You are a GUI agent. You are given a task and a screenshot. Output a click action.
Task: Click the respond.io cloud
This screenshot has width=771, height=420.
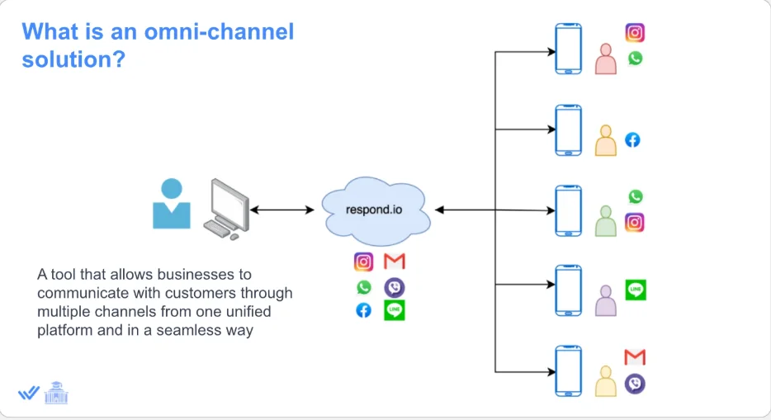374,210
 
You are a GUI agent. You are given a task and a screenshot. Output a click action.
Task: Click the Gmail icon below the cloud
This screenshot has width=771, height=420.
395,262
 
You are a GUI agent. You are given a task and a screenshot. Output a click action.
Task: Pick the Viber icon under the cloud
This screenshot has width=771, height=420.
395,287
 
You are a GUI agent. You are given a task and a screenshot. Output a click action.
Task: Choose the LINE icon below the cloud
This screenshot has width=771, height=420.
395,310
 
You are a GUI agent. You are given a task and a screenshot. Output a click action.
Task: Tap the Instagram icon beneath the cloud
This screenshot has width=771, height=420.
363,262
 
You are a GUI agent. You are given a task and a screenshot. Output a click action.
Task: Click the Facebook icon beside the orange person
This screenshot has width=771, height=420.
632,139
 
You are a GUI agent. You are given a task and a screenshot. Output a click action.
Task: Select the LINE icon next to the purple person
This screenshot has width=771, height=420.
636,290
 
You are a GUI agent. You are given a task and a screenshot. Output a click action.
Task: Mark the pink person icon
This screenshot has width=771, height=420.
606,59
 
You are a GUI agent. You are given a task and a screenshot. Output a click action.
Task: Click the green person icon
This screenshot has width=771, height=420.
606,221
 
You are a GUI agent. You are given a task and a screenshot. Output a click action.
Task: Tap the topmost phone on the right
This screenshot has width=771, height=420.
568,50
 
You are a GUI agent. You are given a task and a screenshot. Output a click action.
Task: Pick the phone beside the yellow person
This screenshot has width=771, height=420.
568,371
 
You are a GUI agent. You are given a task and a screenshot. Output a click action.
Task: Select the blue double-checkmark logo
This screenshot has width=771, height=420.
29,394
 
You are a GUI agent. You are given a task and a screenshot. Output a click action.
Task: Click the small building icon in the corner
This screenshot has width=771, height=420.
56,393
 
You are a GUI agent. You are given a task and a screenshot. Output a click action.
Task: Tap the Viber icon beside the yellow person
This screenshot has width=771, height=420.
635,384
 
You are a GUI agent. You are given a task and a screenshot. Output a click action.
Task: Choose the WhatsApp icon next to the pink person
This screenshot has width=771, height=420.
635,59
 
